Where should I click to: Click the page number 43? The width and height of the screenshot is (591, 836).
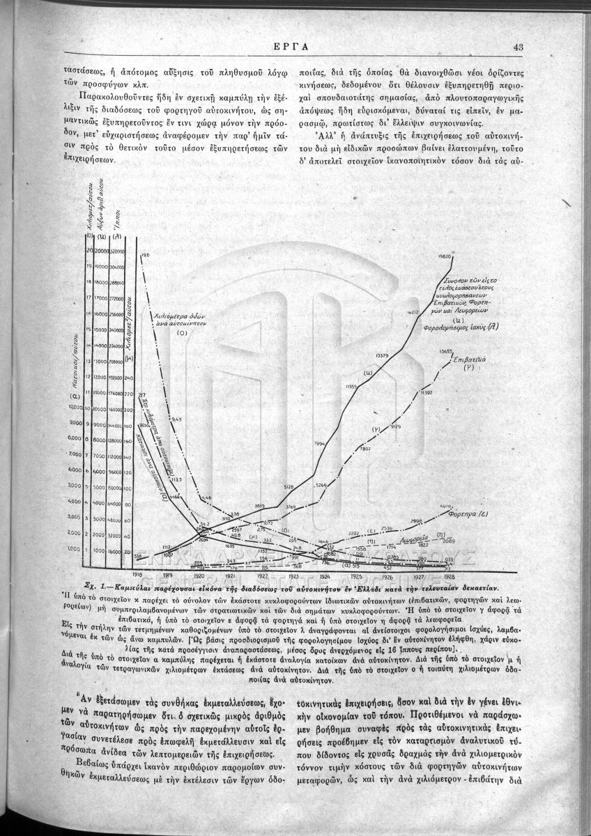coord(517,47)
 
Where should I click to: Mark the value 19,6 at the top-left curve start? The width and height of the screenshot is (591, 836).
coord(146,256)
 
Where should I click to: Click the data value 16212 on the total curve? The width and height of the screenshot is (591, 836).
coord(412,313)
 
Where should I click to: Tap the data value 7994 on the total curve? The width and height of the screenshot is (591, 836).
coord(320,443)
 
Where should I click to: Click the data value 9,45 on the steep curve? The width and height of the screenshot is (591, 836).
coord(176,419)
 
